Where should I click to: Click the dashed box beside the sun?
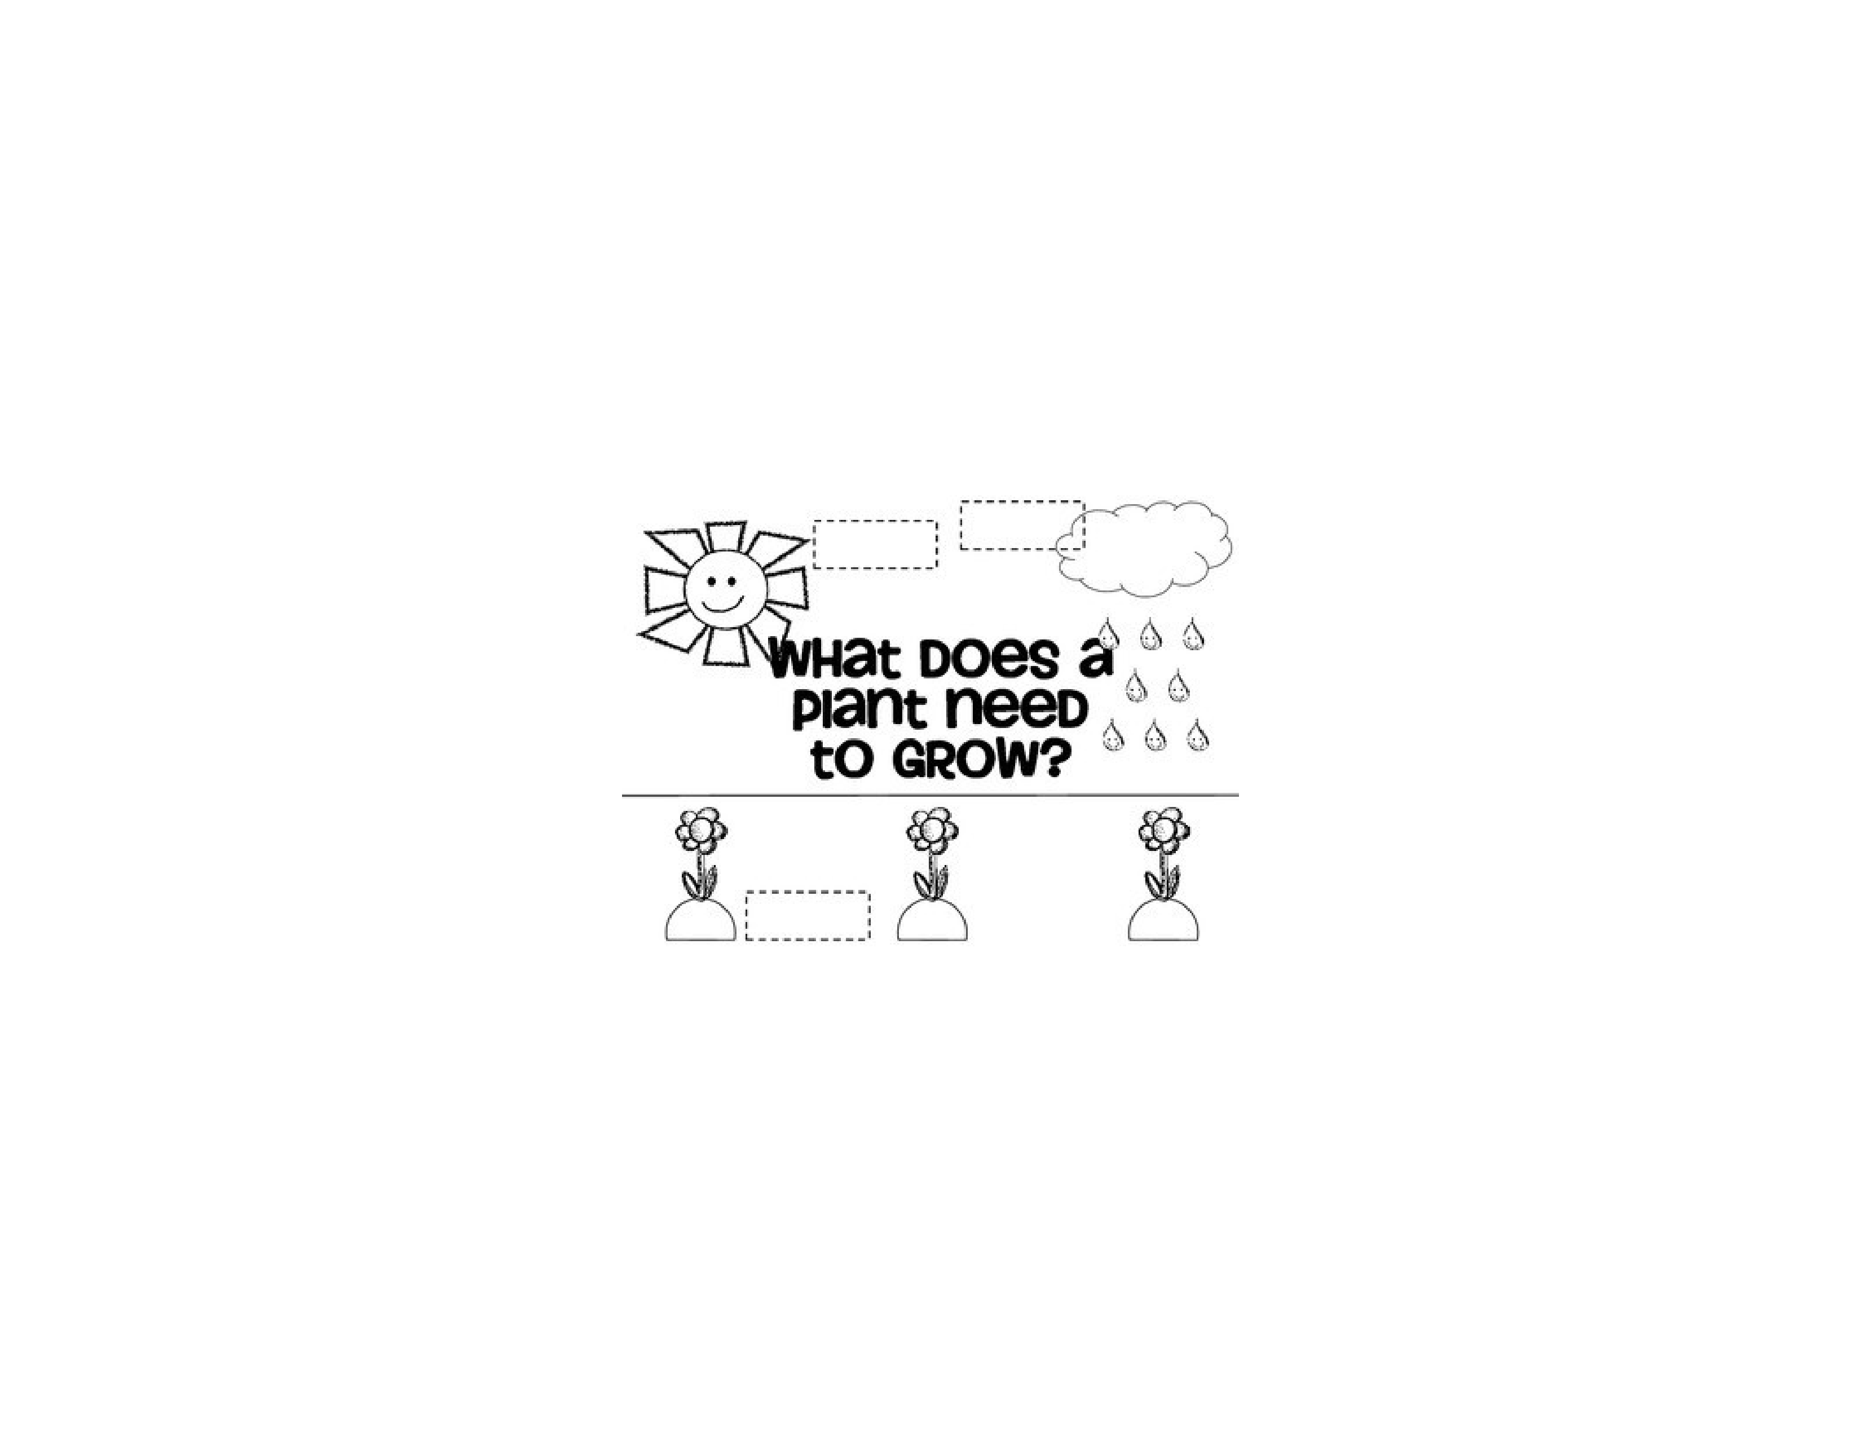tap(875, 544)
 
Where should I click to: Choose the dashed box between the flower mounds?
tap(808, 916)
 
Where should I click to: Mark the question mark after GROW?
tap(1052, 759)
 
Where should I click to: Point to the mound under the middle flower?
tap(932, 923)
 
